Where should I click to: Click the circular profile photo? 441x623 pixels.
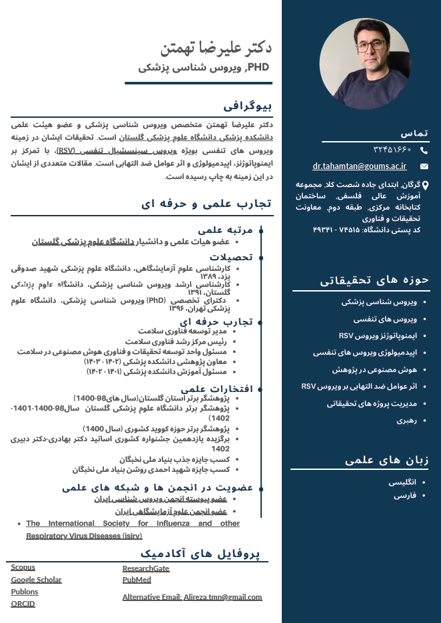coord(356,64)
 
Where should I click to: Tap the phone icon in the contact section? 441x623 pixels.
coord(424,150)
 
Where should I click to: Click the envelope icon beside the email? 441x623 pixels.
coord(424,166)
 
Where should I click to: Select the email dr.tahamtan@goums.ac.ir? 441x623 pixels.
coord(360,166)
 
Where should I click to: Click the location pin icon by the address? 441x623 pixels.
coord(425,186)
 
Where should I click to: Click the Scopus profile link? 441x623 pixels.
coord(23,568)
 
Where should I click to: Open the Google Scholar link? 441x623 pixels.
coord(36,580)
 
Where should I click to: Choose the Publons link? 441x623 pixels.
coord(25,592)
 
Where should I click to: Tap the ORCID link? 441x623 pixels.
coord(23,604)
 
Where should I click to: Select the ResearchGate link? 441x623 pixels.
coord(146,568)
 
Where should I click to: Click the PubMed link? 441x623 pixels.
coord(137,580)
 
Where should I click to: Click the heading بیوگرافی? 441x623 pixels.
coord(247,105)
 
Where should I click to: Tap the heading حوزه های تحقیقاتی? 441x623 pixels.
coord(374,280)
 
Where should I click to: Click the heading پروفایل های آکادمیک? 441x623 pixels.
coord(201,553)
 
